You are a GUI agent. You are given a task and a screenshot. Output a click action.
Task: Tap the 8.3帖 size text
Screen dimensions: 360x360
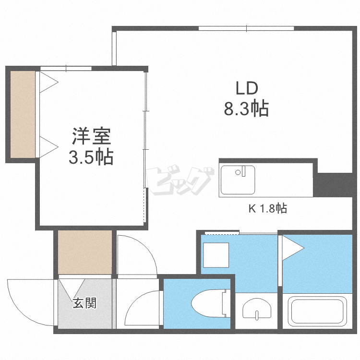246,109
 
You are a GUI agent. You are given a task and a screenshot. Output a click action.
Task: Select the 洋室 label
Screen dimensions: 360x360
92,137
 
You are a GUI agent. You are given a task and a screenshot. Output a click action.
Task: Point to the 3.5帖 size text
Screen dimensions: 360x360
91,157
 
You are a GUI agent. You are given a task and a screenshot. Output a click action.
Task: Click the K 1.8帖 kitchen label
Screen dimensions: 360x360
267,209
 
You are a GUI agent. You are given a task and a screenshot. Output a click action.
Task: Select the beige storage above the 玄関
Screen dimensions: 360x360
85,251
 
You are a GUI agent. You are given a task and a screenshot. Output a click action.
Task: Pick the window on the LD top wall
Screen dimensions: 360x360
246,28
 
